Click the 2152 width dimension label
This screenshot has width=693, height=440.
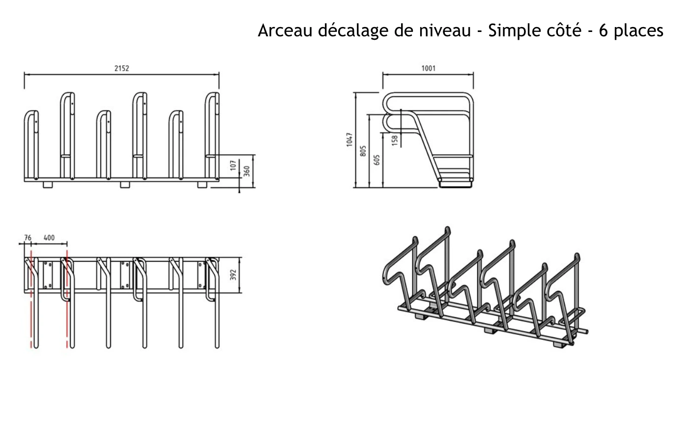point(121,68)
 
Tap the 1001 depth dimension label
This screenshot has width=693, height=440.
point(429,68)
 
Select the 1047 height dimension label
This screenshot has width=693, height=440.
point(349,139)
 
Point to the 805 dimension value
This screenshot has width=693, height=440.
point(363,151)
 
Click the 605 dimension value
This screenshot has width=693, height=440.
point(377,160)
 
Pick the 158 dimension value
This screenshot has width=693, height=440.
point(395,140)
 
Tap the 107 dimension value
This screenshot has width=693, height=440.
point(233,165)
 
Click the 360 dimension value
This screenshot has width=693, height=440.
point(247,171)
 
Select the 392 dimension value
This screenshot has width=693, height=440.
point(233,275)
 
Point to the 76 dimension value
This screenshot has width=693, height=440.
point(28,238)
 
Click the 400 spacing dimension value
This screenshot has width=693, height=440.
point(49,238)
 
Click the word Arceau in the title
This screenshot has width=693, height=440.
point(285,30)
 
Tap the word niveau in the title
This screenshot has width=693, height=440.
point(445,30)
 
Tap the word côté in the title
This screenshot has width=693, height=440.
point(564,30)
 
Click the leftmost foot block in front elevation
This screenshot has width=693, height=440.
point(48,185)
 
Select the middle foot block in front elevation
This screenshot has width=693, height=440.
point(125,185)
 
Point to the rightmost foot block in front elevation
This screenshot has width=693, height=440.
point(202,185)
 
